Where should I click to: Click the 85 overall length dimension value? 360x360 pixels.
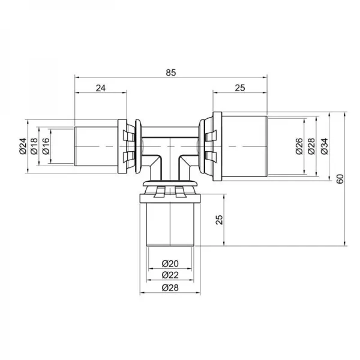coord(171,72)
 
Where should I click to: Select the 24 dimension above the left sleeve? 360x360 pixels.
coord(100,88)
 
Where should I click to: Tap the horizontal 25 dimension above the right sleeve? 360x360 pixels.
coord(239,88)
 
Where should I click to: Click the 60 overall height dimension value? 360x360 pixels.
coord(340,178)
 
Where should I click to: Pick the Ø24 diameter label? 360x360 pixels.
coord(23,146)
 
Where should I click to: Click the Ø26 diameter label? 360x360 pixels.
coord(299,146)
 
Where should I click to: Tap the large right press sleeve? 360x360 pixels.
coord(240,146)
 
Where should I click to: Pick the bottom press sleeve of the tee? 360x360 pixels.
coord(171,222)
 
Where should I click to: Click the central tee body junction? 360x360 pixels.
coord(171,150)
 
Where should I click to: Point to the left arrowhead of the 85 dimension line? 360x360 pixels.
coord(77,77)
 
